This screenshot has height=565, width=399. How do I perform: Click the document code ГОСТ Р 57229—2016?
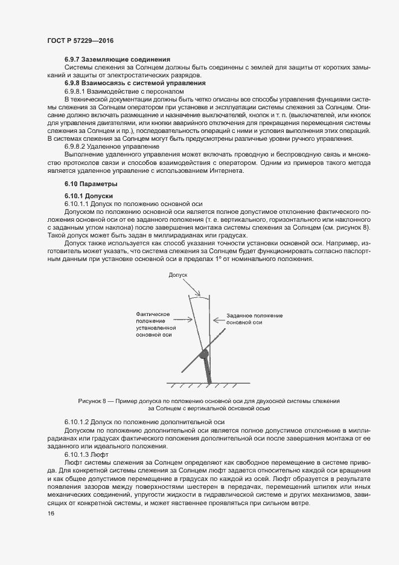tap(80, 40)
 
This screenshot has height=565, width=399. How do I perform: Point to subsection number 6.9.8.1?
tap(75, 91)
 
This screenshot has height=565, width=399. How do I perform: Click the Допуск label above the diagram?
tap(179, 274)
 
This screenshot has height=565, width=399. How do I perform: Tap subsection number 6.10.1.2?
tap(77, 421)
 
